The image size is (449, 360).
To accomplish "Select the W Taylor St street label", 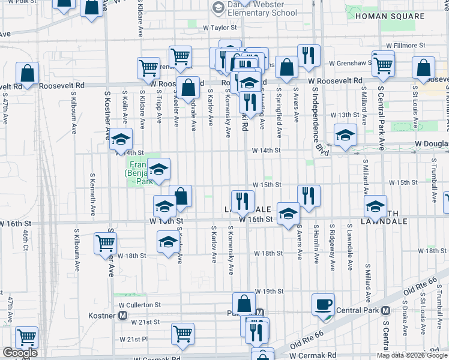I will [x=224, y=28].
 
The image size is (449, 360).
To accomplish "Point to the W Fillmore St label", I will [x=406, y=45].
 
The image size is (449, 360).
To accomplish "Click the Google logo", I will [x=20, y=353].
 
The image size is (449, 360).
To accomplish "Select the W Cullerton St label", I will [x=140, y=305].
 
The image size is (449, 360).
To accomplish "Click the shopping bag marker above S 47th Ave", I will [x=28, y=73].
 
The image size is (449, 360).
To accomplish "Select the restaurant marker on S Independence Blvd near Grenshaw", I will [x=309, y=55].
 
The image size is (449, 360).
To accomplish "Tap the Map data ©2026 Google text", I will [x=411, y=355].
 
